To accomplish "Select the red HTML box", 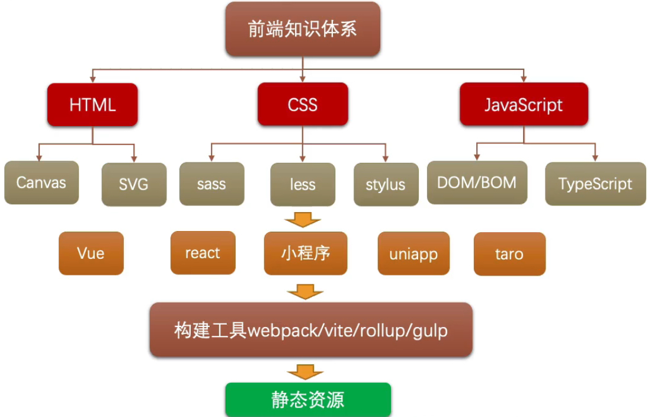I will coord(92,105).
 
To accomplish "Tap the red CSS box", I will coord(303,105).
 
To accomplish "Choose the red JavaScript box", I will coord(524,105).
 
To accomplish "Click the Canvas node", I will coord(41,182).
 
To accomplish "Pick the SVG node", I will coord(133,184).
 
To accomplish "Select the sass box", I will coord(211,184).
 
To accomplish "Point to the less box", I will coord(303,184).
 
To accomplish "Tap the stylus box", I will coord(385,184).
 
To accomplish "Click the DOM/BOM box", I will coord(477,182).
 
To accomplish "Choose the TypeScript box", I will coord(595,184).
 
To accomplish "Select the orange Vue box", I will coord(91,254).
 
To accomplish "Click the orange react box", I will coord(203,253).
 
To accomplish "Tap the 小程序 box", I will coord(306,254).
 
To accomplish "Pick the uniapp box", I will coord(413,254).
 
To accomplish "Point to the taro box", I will coord(509,254).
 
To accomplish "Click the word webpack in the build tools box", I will coord(281,330).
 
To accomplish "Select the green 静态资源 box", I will coord(308,400).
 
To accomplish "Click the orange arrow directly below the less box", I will coord(303,220).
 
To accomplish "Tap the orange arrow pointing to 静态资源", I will coord(306,371).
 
